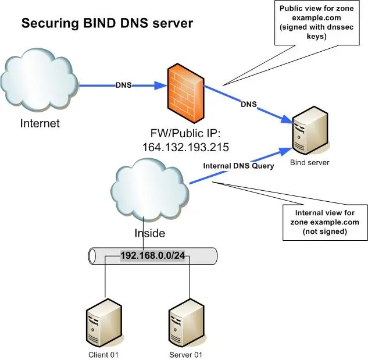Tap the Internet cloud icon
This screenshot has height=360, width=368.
point(40,81)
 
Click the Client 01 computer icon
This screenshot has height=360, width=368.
point(105,325)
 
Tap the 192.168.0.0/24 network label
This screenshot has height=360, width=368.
point(152,255)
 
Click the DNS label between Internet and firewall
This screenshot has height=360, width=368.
point(123,85)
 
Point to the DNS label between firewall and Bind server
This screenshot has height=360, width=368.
point(248,104)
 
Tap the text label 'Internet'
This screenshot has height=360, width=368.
point(40,123)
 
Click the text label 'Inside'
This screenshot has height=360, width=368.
point(151,233)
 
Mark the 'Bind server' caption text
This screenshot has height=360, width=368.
point(309,162)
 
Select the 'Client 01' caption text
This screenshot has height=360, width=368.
point(105,354)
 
